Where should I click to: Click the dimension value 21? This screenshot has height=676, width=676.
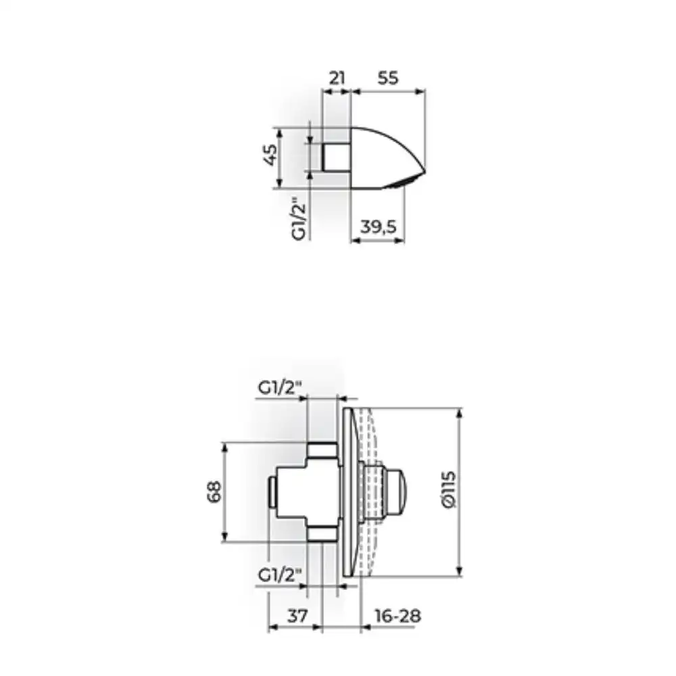tap(337, 78)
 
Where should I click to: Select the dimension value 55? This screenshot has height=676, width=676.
tap(388, 78)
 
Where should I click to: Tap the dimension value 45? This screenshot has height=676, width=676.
tap(270, 155)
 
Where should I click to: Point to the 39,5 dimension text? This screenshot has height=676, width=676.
tap(378, 226)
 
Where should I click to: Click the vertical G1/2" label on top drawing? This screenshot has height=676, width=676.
tap(299, 218)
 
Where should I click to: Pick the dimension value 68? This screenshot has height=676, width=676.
tap(214, 491)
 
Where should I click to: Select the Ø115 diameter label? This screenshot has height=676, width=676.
tap(448, 489)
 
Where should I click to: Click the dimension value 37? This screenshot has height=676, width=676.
tap(298, 616)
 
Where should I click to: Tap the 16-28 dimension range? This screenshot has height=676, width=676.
tap(397, 616)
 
